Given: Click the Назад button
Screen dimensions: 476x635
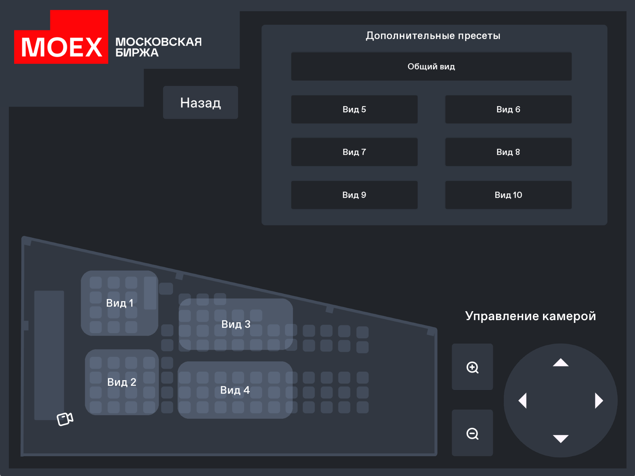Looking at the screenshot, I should (200, 103).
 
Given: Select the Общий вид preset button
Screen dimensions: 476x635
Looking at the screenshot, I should (431, 66).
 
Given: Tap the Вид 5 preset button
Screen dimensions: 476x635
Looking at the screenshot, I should (354, 109).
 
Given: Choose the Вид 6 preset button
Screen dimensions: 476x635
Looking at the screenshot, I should (508, 109).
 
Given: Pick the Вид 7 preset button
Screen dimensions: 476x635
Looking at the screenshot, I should (354, 152).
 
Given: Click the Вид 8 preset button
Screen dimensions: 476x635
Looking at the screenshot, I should (508, 152).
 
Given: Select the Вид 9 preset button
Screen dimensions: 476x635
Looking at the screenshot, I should (354, 195).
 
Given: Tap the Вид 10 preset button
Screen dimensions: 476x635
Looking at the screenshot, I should (508, 195).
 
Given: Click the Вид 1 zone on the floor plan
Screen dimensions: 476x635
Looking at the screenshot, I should (120, 303).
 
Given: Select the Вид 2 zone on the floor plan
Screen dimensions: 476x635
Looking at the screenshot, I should (122, 382).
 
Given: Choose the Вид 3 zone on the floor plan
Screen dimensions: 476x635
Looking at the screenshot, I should (236, 324).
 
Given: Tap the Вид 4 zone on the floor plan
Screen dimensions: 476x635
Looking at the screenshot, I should (235, 390).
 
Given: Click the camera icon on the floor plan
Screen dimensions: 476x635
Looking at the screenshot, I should (65, 419).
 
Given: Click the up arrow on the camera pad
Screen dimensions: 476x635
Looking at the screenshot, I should (560, 363).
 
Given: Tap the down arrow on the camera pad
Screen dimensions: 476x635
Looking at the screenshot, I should (560, 439).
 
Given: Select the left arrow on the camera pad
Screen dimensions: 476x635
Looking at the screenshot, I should (523, 401).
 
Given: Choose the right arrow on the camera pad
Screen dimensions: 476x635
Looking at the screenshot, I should (599, 401).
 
